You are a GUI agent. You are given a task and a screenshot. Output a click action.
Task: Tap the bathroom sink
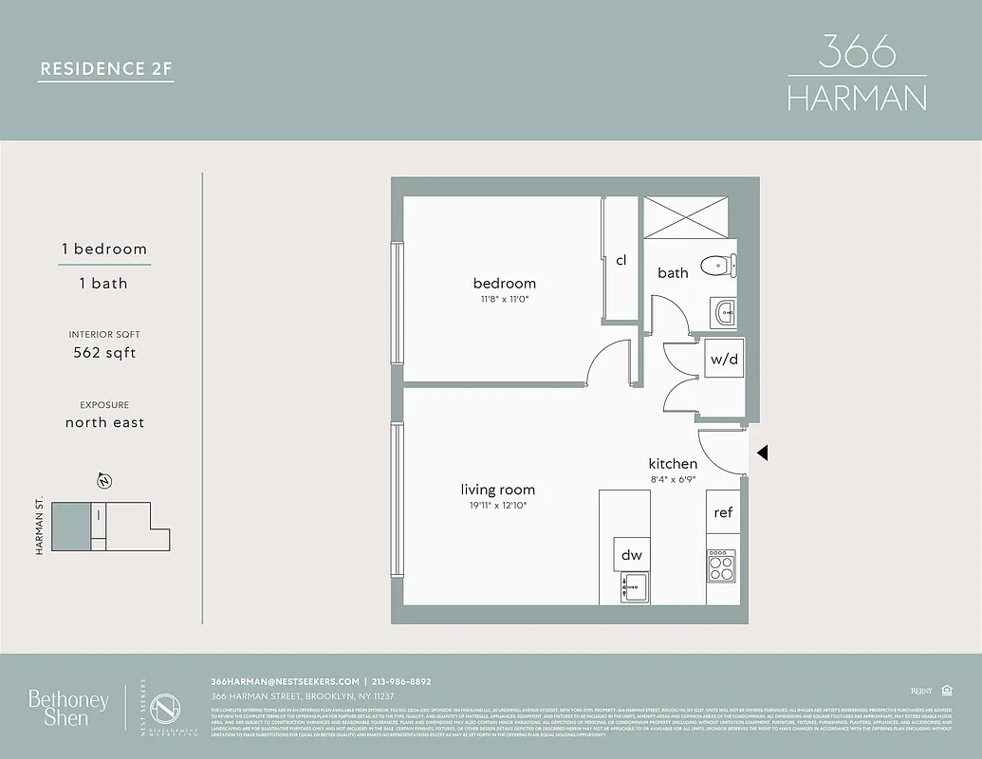point(724,310)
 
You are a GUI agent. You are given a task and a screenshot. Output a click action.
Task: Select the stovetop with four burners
point(721,566)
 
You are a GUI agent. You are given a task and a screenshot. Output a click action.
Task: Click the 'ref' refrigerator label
point(723,512)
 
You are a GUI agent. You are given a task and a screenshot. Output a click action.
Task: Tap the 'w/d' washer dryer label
point(724,360)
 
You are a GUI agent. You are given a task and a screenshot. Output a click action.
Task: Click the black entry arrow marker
point(762,454)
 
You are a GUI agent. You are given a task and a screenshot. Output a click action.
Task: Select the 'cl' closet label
point(621,260)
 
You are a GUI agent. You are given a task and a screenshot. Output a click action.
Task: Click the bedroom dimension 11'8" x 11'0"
point(504,300)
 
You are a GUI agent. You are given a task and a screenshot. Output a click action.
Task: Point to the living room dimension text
point(498,507)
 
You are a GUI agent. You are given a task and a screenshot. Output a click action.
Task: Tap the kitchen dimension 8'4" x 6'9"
point(673,480)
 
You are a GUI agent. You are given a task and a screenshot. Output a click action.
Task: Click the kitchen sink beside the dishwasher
point(633,586)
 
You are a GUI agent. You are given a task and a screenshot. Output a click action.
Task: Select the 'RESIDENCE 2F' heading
point(105,68)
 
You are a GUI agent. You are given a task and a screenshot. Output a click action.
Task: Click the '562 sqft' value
point(104,353)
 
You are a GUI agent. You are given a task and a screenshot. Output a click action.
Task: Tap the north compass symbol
point(103,481)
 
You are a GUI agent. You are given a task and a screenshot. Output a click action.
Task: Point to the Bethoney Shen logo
point(67,708)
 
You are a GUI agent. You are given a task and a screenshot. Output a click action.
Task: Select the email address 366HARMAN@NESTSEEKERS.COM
point(285,681)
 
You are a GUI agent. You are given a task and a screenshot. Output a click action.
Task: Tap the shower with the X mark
point(689,216)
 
